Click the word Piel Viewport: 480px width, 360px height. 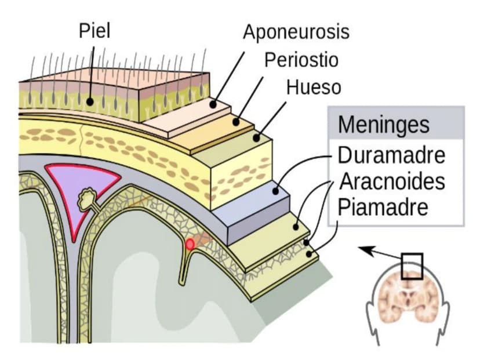click(94, 31)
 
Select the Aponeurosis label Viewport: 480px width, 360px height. click(296, 32)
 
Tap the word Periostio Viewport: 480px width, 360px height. click(301, 60)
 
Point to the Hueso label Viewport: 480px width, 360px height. click(314, 87)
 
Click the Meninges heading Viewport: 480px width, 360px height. click(384, 125)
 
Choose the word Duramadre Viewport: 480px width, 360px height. click(391, 155)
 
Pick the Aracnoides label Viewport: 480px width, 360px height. click(392, 181)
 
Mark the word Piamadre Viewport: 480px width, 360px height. click(383, 207)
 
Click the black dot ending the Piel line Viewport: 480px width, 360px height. click(90, 101)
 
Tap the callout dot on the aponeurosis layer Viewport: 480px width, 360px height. click(213, 105)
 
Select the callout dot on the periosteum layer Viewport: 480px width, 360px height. click(235, 122)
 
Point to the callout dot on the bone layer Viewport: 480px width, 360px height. click(257, 138)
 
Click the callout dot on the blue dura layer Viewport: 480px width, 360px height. click(275, 192)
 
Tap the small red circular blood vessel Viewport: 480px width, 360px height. click(190, 245)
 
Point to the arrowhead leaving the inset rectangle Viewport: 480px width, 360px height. click(365, 249)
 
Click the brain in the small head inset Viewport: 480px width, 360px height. click(408, 299)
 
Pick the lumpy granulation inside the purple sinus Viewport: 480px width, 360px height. click(88, 198)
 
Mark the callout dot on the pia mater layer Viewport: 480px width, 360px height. click(309, 254)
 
